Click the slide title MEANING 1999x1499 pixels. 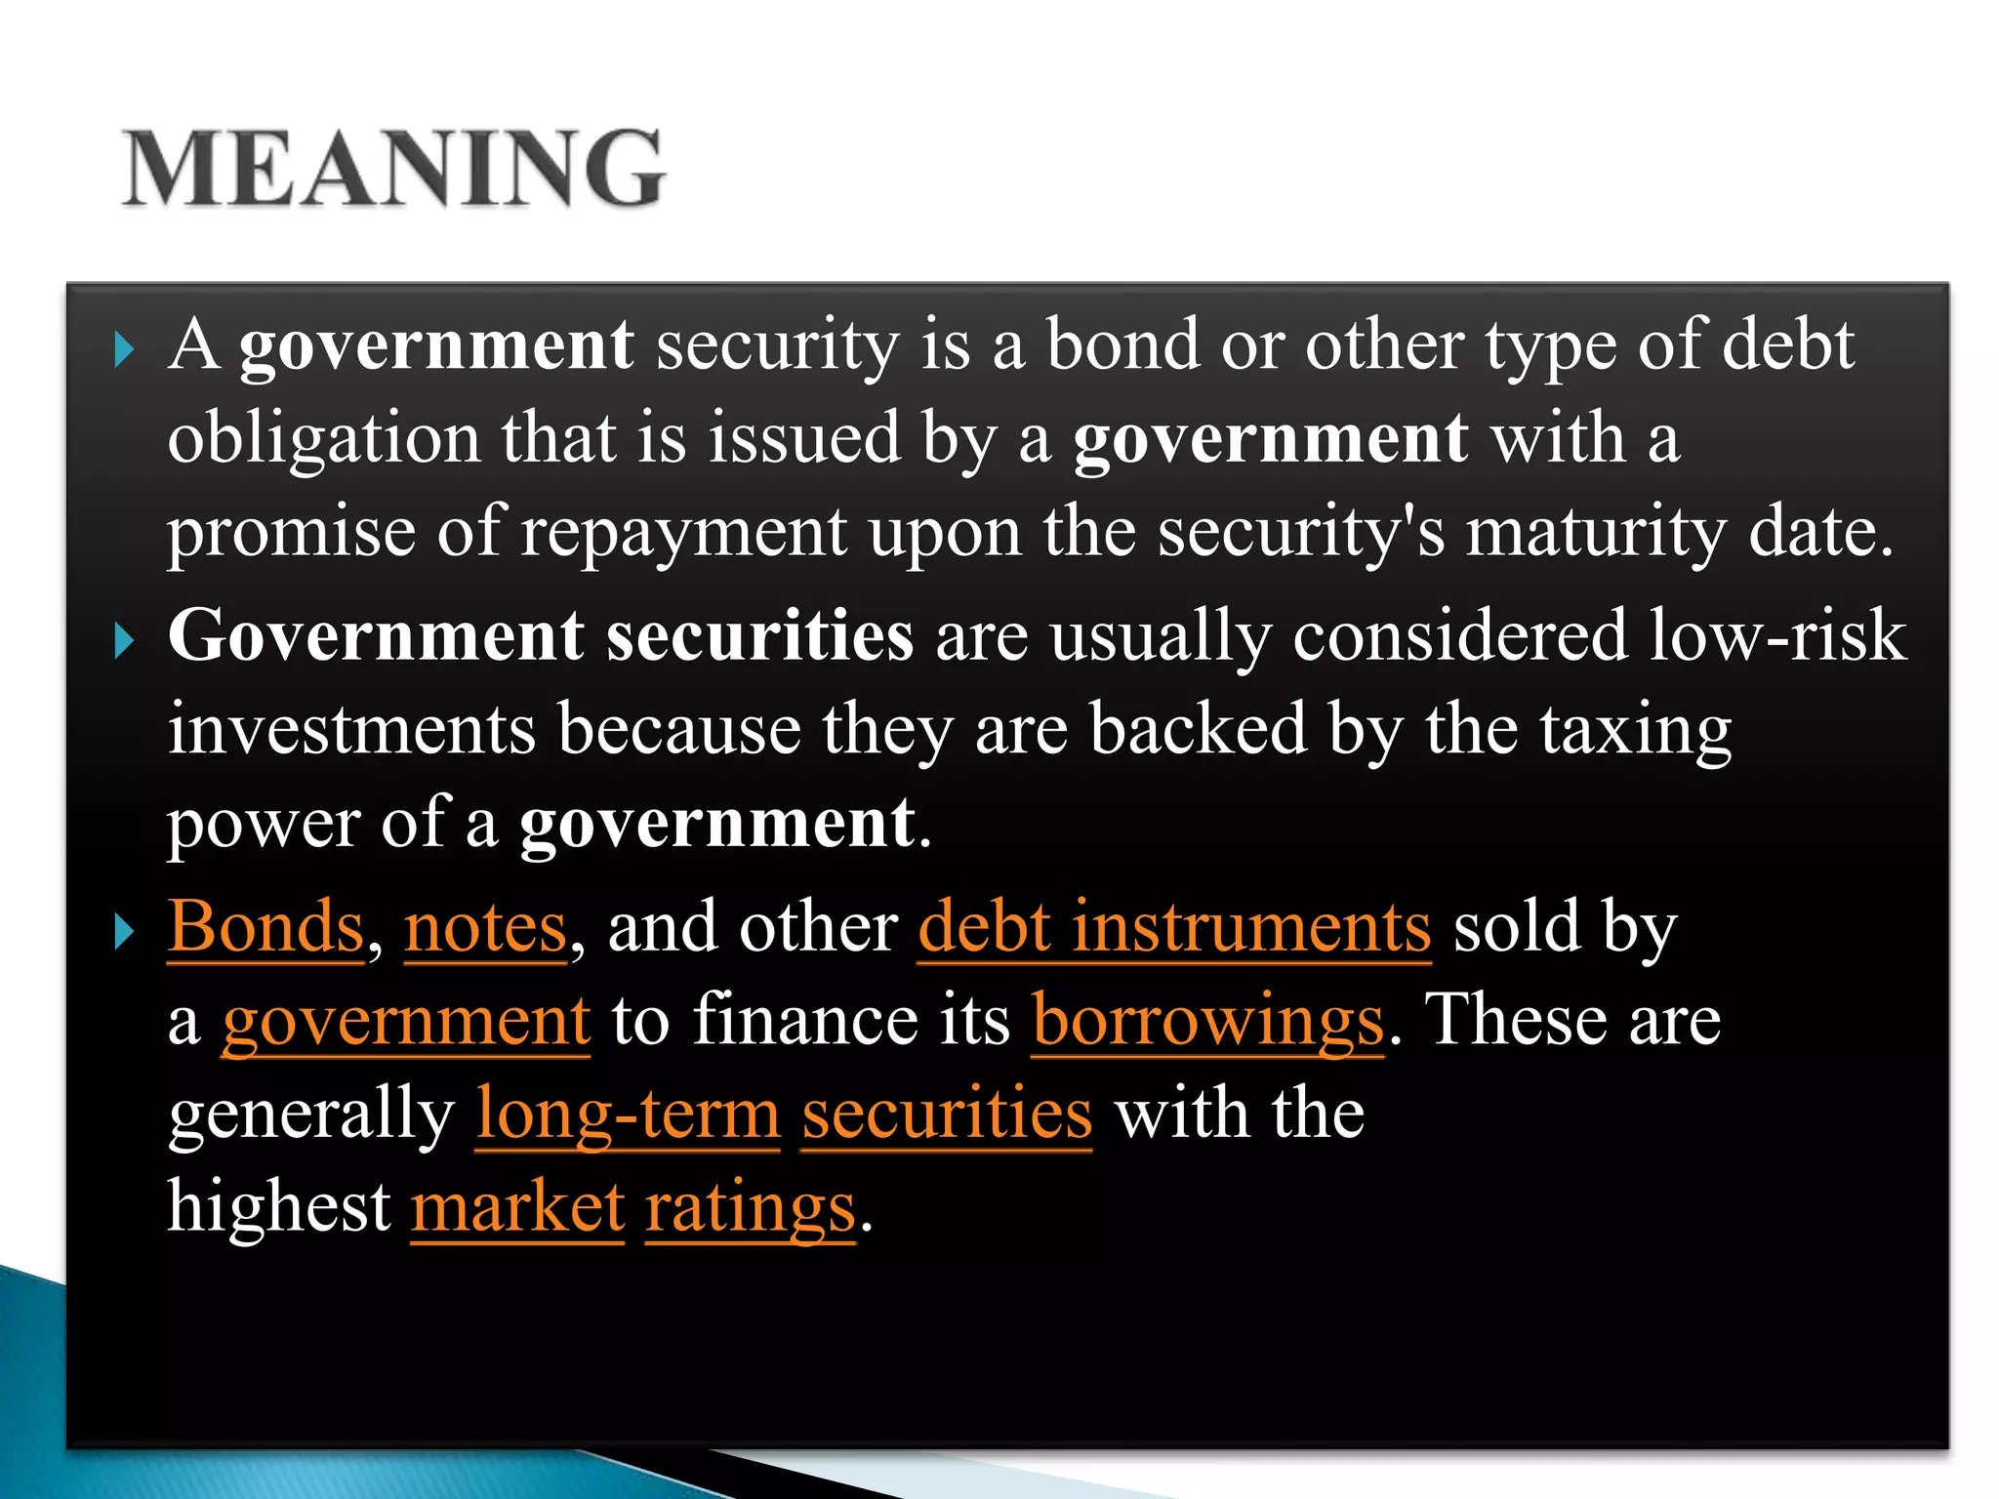pyautogui.click(x=393, y=168)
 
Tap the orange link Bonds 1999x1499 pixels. pyautogui.click(x=265, y=926)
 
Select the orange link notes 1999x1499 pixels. pyautogui.click(x=485, y=926)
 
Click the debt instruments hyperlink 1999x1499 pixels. pyautogui.click(x=1174, y=926)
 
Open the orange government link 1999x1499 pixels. pyautogui.click(x=406, y=1021)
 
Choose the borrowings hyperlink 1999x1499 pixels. pyautogui.click(x=1207, y=1021)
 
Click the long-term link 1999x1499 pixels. pyautogui.click(x=628, y=1114)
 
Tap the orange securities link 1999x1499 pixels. pyautogui.click(x=946, y=1114)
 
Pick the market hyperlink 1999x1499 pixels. pyautogui.click(x=517, y=1207)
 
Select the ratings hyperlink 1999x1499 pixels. pyautogui.click(x=750, y=1207)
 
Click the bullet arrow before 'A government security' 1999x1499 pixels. pyautogui.click(x=123, y=348)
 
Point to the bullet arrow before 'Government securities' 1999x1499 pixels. pyautogui.click(x=123, y=641)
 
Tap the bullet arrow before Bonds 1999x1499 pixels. pyautogui.click(x=123, y=930)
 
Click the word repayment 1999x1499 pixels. pyautogui.click(x=682, y=533)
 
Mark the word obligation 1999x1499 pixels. pyautogui.click(x=323, y=439)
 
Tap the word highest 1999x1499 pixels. pyautogui.click(x=279, y=1207)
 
